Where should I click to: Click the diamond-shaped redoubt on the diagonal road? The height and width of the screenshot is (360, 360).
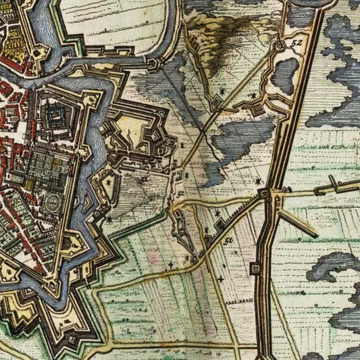pos(217,101)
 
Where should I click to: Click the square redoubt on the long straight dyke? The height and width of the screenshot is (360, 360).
pos(257,269)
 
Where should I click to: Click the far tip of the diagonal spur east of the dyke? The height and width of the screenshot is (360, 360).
pos(315,235)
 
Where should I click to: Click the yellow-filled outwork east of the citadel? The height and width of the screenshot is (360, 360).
pos(132,132)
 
